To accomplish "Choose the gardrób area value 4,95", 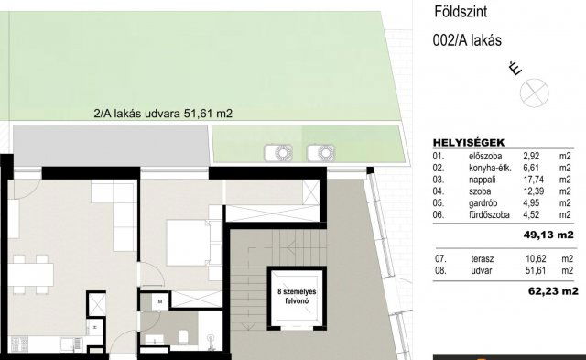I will coord(533,205).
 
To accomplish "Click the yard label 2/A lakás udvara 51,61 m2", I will coord(163,115).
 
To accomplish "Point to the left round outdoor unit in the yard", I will coord(277,150).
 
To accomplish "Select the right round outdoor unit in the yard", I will coord(320,150).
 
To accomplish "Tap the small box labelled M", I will coord(159,300).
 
